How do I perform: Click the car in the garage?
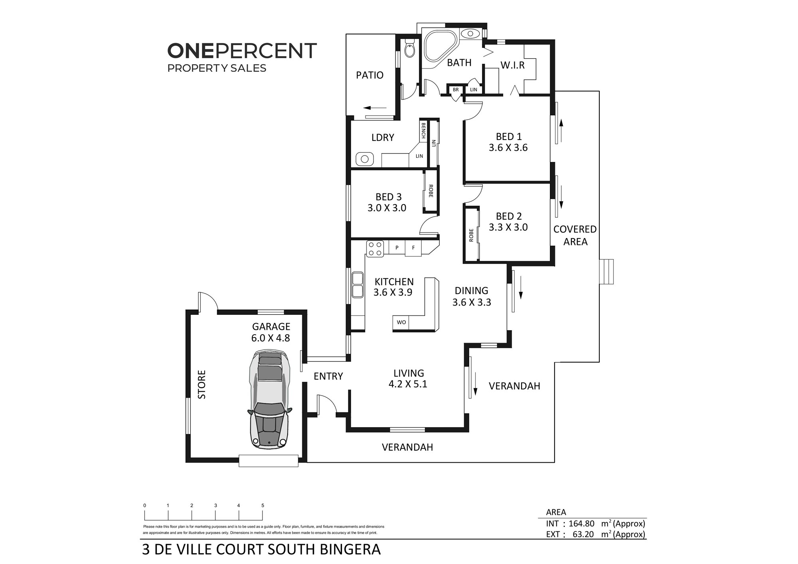(270, 400)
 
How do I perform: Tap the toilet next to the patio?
(410, 48)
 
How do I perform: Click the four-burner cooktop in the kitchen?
(375, 249)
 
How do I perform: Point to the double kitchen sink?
(358, 285)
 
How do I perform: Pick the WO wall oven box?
(401, 322)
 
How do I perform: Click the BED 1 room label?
(509, 136)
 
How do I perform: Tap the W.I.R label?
(513, 65)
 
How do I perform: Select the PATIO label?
(369, 75)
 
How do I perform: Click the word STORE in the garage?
(202, 385)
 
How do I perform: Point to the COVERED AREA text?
(575, 235)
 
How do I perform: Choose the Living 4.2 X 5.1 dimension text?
(408, 384)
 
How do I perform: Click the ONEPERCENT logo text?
(242, 51)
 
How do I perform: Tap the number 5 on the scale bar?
(263, 505)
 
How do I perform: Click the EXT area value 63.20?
(583, 534)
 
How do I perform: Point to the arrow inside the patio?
(375, 108)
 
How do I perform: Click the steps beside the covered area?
(606, 272)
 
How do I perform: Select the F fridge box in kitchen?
(413, 248)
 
